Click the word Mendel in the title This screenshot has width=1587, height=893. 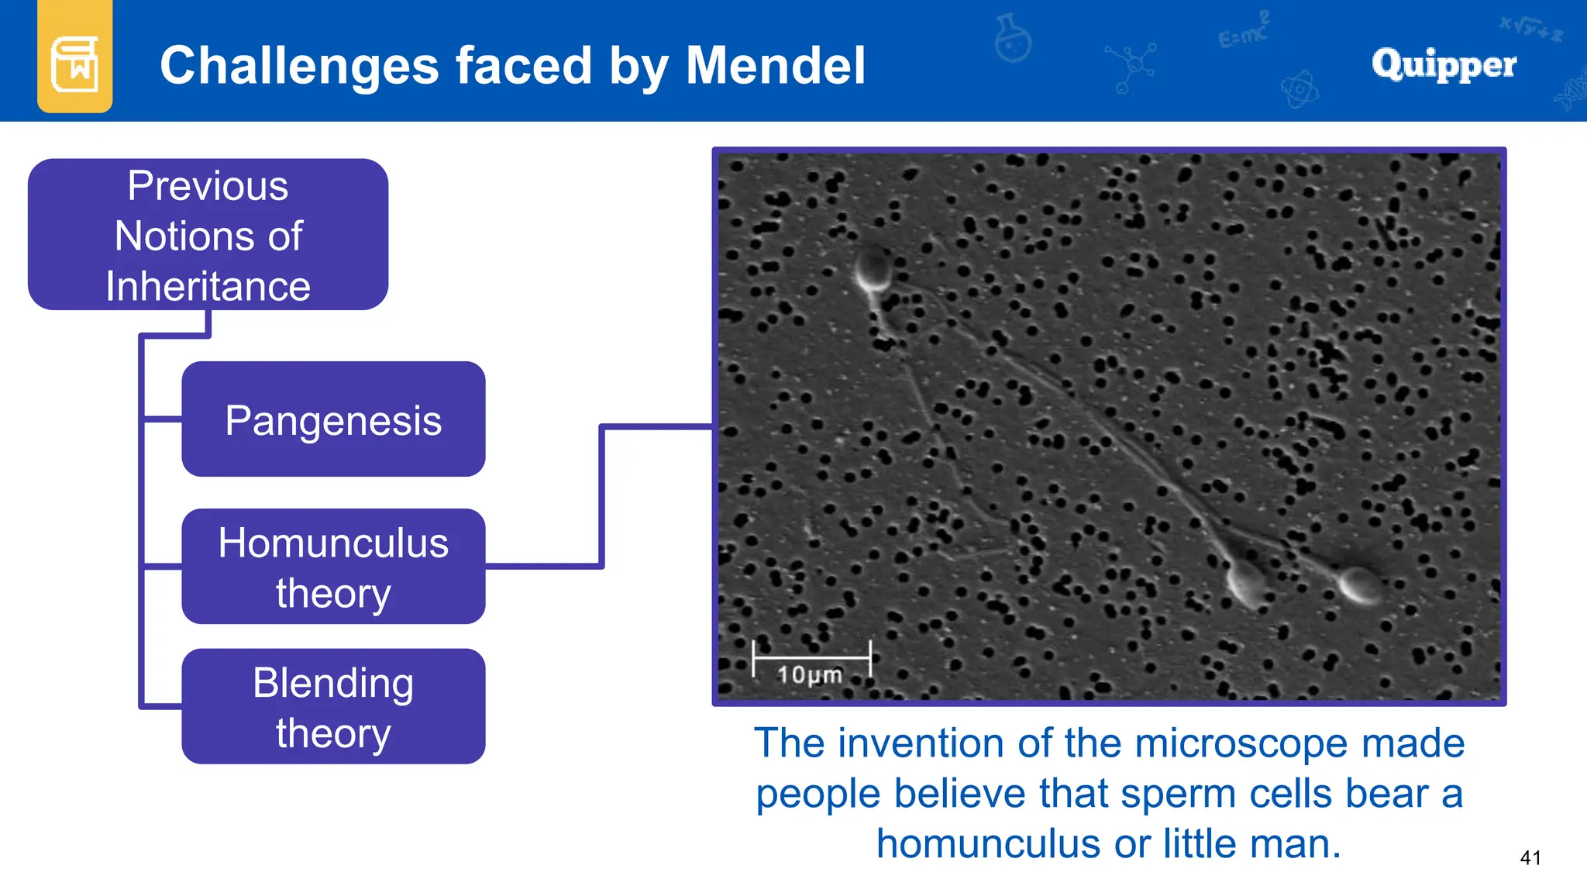(x=776, y=65)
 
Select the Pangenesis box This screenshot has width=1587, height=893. (x=333, y=419)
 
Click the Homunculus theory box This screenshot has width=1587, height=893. (x=333, y=567)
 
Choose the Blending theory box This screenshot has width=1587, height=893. (x=333, y=706)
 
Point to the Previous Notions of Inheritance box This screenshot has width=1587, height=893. (x=208, y=234)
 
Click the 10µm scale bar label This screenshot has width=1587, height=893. (x=810, y=674)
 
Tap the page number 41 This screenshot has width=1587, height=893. (x=1530, y=857)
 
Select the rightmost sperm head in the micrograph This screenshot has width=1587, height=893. (x=1361, y=584)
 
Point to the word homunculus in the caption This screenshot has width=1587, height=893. (x=988, y=843)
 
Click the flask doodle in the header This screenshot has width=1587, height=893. (x=1013, y=39)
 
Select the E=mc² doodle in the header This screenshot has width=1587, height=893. (x=1243, y=31)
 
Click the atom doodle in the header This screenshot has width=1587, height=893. (x=1300, y=90)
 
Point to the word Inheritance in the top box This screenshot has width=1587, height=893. (x=208, y=286)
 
